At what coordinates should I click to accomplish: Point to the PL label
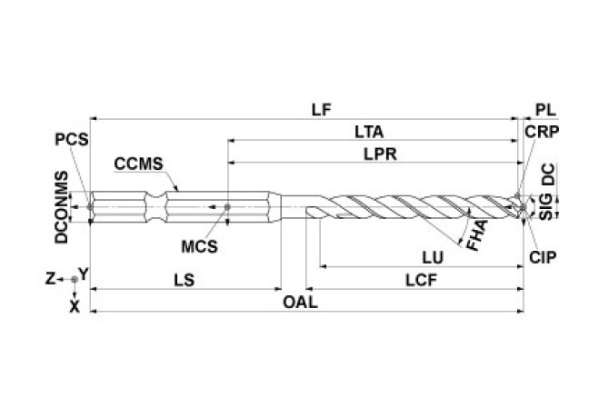click(x=544, y=109)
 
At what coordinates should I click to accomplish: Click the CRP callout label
click(x=542, y=132)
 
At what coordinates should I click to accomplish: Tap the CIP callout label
click(x=543, y=258)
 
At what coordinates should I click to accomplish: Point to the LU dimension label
click(x=419, y=258)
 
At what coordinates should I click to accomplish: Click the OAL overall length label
click(x=300, y=304)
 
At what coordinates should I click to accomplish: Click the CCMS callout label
click(x=137, y=164)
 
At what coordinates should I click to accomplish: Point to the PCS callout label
click(x=70, y=142)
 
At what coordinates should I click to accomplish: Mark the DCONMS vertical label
click(x=60, y=208)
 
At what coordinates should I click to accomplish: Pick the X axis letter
click(x=75, y=306)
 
